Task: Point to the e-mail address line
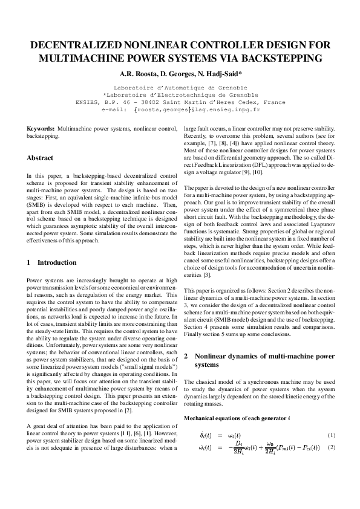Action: pos(180,110)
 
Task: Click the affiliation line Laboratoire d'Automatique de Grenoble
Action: pos(180,88)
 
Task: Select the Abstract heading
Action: pos(40,158)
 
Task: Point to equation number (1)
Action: pos(331,436)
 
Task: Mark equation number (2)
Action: pos(331,448)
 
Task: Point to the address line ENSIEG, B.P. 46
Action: pos(180,102)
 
